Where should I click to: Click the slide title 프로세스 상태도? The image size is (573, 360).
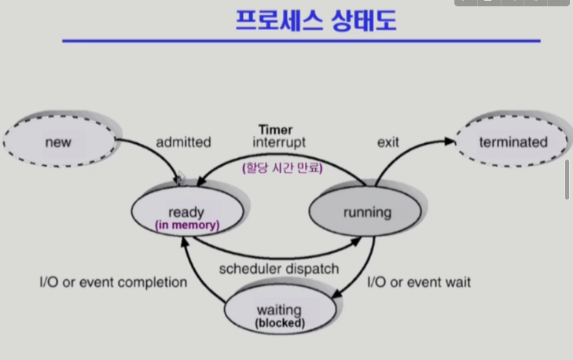(316, 21)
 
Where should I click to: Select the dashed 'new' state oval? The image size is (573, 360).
(58, 142)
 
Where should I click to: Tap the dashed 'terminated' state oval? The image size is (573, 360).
(512, 142)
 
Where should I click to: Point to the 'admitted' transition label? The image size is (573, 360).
(183, 142)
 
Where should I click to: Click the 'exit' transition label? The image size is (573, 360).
(388, 142)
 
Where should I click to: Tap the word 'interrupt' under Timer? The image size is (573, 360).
(279, 142)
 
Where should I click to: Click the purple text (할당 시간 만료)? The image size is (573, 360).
(282, 167)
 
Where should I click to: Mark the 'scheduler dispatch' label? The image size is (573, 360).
(279, 269)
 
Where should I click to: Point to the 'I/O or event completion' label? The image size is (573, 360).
(113, 281)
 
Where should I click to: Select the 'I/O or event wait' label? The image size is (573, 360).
(419, 281)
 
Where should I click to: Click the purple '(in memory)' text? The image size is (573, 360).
(186, 226)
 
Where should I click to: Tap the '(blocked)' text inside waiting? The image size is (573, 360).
(280, 322)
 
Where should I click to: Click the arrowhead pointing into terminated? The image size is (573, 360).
(450, 141)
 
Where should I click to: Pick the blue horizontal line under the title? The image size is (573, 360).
(301, 41)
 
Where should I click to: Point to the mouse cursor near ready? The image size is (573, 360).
(181, 178)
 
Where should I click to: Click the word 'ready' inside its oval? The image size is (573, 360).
(186, 211)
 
